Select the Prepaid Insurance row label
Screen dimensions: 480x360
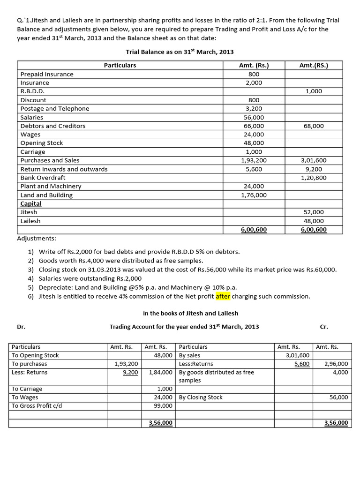tap(47, 74)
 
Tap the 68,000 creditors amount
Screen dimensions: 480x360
tap(313, 126)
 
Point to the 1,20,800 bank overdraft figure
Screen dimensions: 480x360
tap(313, 178)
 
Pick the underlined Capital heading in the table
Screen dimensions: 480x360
tap(31, 203)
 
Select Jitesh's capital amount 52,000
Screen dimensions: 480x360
tap(314, 212)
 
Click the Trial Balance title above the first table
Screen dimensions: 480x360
tap(180, 52)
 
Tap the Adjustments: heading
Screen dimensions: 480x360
tap(37, 238)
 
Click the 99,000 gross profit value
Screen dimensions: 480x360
tap(163, 406)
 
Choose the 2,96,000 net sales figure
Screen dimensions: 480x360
tap(336, 364)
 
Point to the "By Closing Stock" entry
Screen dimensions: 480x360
tap(201, 397)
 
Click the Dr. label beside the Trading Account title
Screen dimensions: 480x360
tap(21, 327)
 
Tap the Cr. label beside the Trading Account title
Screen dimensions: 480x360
tap(323, 327)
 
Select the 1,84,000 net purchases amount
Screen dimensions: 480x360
tap(160, 372)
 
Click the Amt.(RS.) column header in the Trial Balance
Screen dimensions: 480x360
tap(313, 65)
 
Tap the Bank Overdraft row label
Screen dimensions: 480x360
tap(43, 178)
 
